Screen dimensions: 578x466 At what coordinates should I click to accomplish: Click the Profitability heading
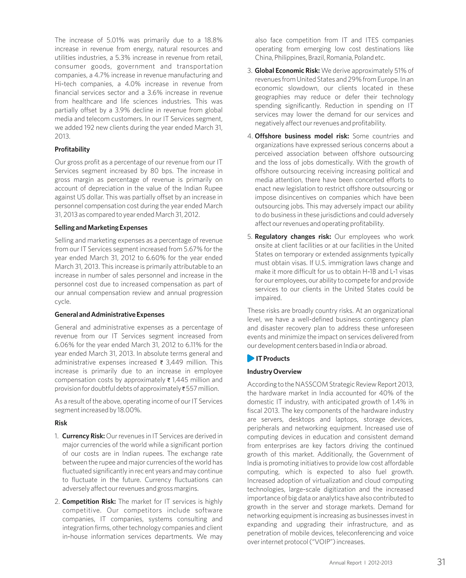click(x=72, y=149)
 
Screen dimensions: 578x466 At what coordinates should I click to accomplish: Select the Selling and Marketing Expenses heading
click(x=101, y=227)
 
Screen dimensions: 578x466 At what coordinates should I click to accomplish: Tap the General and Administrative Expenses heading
click(x=109, y=315)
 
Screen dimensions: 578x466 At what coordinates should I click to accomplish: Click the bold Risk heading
click(x=61, y=423)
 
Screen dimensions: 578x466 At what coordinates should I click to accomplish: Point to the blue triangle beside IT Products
click(x=250, y=358)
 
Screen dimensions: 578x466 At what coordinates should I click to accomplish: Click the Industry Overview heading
click(x=274, y=371)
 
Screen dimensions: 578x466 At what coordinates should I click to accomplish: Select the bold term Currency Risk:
click(x=83, y=436)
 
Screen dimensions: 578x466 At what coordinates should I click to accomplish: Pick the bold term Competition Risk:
click(x=89, y=502)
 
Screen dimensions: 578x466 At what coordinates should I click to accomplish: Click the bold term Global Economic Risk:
click(x=287, y=71)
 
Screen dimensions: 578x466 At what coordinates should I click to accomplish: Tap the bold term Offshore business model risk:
click(x=302, y=136)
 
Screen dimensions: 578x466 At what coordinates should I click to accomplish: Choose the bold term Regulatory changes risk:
click(x=293, y=237)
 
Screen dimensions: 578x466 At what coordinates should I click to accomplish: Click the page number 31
click(x=441, y=562)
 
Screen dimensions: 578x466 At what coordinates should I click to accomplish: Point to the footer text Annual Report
click(x=345, y=563)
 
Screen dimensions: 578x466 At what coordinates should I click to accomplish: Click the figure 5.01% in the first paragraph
click(x=115, y=40)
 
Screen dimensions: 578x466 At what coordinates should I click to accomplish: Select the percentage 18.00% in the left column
click(x=129, y=410)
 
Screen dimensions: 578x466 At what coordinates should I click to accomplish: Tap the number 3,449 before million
click(x=174, y=362)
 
